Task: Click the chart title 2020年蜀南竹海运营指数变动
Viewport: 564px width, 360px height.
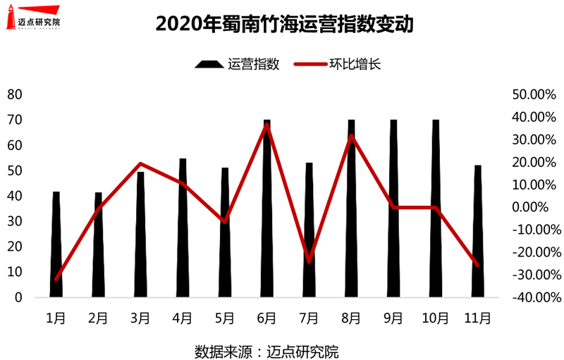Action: (283, 24)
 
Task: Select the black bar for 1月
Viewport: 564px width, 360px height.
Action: (56, 247)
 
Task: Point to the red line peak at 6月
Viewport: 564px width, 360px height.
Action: (267, 125)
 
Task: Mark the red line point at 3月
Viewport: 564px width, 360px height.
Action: (140, 164)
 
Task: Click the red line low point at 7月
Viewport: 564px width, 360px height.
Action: (309, 261)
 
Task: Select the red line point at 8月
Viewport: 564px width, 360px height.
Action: (351, 136)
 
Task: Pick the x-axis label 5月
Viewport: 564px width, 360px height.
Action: (224, 318)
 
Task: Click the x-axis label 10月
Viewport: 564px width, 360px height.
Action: (435, 318)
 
